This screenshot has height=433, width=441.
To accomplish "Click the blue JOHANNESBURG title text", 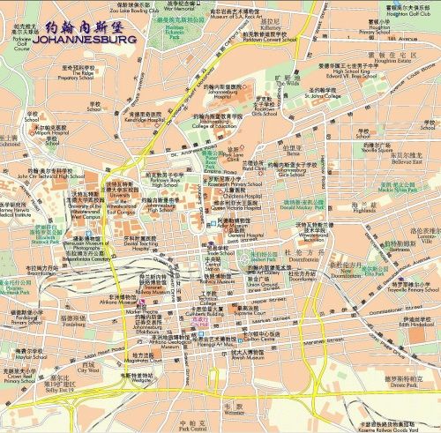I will [87, 40].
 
